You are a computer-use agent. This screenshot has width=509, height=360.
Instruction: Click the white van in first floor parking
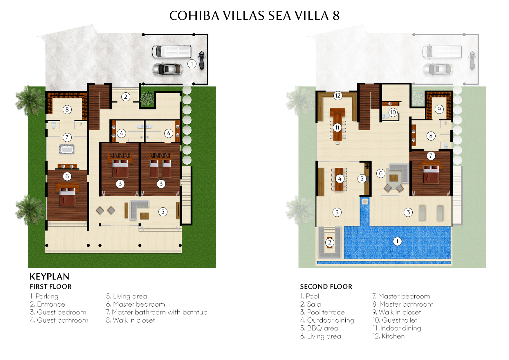(171, 51)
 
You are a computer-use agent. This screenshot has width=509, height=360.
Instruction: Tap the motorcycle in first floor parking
(201, 60)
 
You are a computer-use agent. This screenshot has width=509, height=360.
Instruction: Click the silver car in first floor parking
(167, 69)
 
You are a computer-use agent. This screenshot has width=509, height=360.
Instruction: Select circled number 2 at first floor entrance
(126, 97)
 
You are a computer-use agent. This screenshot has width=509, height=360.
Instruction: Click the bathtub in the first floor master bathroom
(67, 150)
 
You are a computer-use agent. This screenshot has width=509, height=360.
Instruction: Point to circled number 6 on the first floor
(67, 176)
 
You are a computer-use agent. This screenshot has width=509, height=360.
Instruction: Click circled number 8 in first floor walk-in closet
(67, 109)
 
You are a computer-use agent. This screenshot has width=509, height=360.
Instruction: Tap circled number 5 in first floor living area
(163, 212)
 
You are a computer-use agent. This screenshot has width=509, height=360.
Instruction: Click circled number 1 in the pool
(397, 241)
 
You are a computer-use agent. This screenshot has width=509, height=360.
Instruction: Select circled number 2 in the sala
(329, 242)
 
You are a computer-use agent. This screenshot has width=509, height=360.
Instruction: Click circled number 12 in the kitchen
(337, 96)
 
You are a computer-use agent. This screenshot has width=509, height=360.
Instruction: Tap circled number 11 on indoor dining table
(337, 127)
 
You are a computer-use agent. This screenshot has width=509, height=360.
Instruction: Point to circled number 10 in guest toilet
(393, 112)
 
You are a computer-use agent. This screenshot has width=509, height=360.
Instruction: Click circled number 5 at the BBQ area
(362, 179)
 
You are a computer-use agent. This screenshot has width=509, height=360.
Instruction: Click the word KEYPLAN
(50, 276)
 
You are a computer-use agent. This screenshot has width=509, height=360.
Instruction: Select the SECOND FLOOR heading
(326, 287)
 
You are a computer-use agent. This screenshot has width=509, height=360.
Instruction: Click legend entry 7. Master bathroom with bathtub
(157, 312)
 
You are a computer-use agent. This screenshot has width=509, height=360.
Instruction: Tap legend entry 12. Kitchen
(388, 336)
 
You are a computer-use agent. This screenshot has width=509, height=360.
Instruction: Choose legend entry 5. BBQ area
(319, 328)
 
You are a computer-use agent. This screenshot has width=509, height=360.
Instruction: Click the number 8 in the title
(336, 16)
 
